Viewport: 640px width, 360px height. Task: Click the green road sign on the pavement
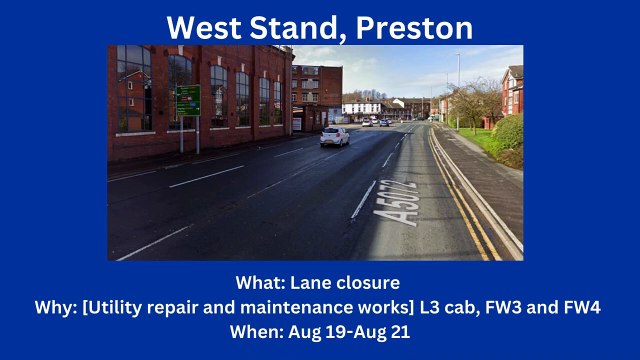click(188, 100)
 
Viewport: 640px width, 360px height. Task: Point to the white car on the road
click(334, 136)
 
